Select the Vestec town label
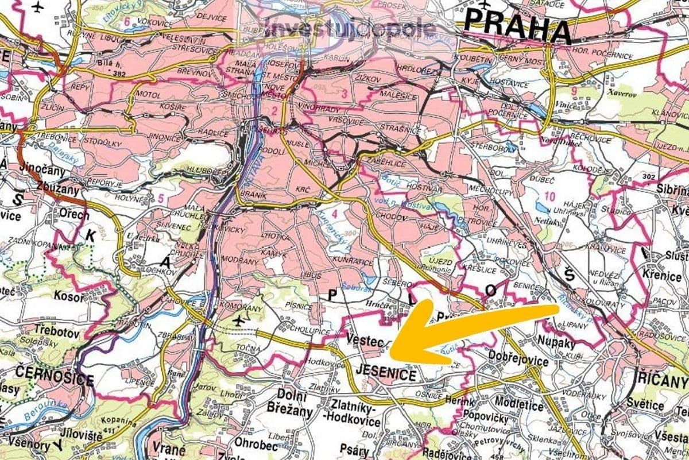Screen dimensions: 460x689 (x=365, y=341)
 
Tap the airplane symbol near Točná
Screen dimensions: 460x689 (x=239, y=320)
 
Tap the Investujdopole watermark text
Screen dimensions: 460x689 (x=349, y=28)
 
